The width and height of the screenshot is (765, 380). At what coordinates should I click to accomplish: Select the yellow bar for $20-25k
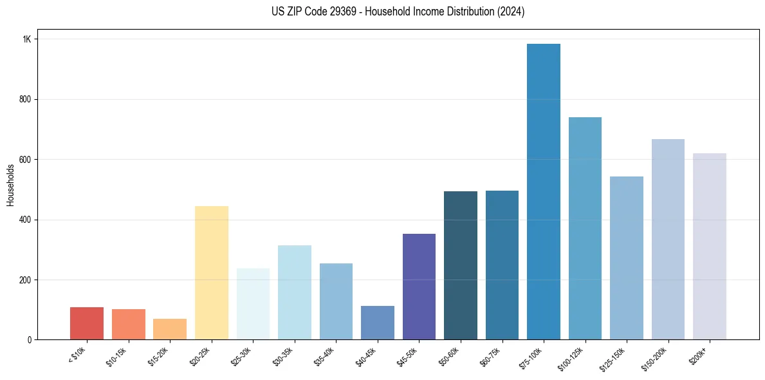211,273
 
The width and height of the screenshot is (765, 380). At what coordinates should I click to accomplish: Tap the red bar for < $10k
87,323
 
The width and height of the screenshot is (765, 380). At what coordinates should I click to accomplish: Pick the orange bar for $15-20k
170,329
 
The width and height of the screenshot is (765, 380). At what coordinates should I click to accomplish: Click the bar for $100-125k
585,229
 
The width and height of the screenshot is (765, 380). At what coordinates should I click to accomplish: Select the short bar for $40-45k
377,323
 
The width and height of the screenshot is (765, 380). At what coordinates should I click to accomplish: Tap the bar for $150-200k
668,240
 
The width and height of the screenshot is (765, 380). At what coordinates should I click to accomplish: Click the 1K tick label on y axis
26,39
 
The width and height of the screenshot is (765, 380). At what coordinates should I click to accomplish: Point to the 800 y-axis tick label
25,99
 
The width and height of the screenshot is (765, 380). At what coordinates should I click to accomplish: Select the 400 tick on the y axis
25,220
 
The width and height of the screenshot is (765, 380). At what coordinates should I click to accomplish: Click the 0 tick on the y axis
29,339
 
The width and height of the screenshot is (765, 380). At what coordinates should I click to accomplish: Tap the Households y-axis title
10,185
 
